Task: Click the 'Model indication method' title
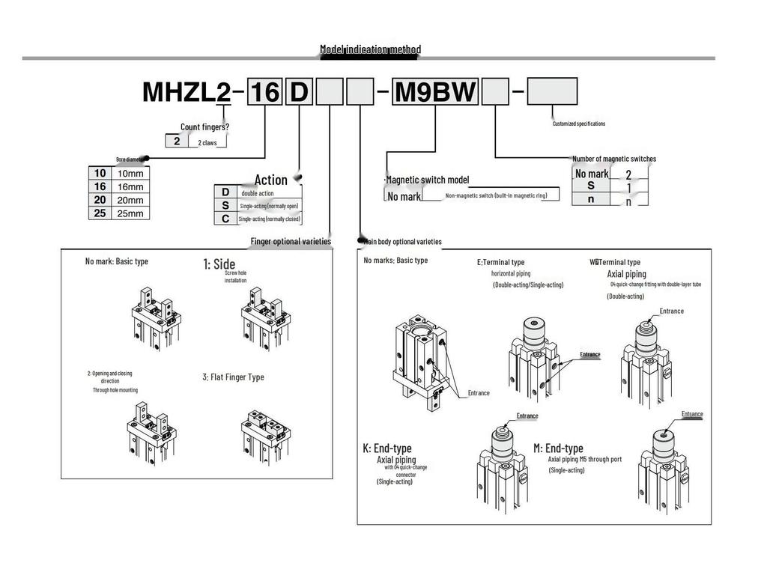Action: click(x=370, y=49)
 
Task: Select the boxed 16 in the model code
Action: click(x=264, y=92)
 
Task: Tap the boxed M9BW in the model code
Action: click(x=435, y=92)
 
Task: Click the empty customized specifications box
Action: click(x=552, y=91)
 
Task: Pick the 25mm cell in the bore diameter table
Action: click(x=131, y=213)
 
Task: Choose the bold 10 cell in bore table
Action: click(x=100, y=173)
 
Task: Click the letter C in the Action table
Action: click(x=225, y=219)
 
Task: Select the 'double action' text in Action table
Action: click(x=257, y=193)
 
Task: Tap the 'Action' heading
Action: click(x=270, y=180)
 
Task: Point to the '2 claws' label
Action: click(x=207, y=142)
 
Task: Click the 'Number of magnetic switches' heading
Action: click(x=613, y=159)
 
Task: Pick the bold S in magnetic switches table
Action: click(x=591, y=186)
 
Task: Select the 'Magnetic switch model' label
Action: click(x=427, y=180)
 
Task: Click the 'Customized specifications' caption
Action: click(x=578, y=124)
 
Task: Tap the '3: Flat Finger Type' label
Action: click(x=233, y=377)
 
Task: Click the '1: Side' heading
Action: click(x=219, y=264)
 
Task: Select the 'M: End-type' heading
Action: click(x=558, y=448)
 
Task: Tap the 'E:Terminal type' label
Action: click(x=500, y=263)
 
